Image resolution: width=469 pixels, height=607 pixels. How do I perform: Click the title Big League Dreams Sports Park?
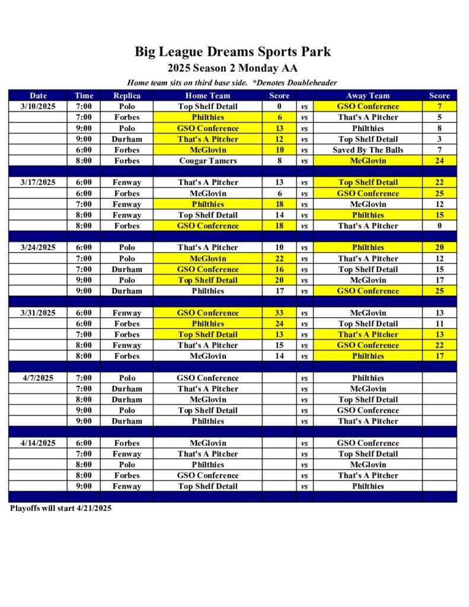tap(232, 52)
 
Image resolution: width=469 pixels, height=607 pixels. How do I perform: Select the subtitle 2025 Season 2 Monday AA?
tap(232, 68)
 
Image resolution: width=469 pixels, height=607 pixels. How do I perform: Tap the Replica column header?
tap(127, 95)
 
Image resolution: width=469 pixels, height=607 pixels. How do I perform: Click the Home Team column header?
tap(208, 95)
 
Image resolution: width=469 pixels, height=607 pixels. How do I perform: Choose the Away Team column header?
tap(368, 95)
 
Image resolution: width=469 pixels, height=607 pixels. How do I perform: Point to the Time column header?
tap(84, 95)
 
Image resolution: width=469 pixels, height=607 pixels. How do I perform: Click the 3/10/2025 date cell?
tap(38, 107)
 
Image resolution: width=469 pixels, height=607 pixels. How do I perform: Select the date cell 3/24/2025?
tap(38, 248)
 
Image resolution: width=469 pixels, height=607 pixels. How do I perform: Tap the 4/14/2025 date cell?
tap(38, 443)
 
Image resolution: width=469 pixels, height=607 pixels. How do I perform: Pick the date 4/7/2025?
tap(38, 378)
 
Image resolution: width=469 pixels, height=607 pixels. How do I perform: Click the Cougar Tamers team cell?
tap(208, 161)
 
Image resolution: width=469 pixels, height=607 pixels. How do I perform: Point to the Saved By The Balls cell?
tap(368, 150)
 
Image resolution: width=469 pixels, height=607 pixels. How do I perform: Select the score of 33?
tap(279, 313)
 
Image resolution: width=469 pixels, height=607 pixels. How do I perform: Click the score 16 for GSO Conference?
tap(279, 269)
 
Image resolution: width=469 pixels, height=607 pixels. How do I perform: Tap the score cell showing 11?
tap(439, 324)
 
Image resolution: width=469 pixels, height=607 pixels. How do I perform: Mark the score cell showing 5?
tap(439, 117)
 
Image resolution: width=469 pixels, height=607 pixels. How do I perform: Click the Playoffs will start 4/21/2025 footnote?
tap(60, 508)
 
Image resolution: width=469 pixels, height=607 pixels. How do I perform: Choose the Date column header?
tap(38, 95)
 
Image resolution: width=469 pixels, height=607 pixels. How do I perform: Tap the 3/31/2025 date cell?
tap(38, 313)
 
